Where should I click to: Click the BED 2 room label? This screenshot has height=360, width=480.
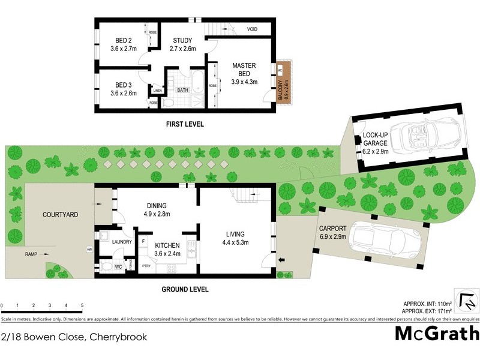124,40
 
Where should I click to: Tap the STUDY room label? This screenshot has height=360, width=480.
182,40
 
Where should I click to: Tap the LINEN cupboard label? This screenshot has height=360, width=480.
158,91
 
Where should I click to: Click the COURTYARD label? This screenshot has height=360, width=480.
61,214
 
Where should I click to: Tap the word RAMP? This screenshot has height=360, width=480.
32,254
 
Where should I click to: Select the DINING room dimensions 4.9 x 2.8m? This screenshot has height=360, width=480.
157,214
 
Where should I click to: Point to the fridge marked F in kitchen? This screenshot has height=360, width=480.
144,241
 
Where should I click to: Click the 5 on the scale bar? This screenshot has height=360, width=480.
82,305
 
